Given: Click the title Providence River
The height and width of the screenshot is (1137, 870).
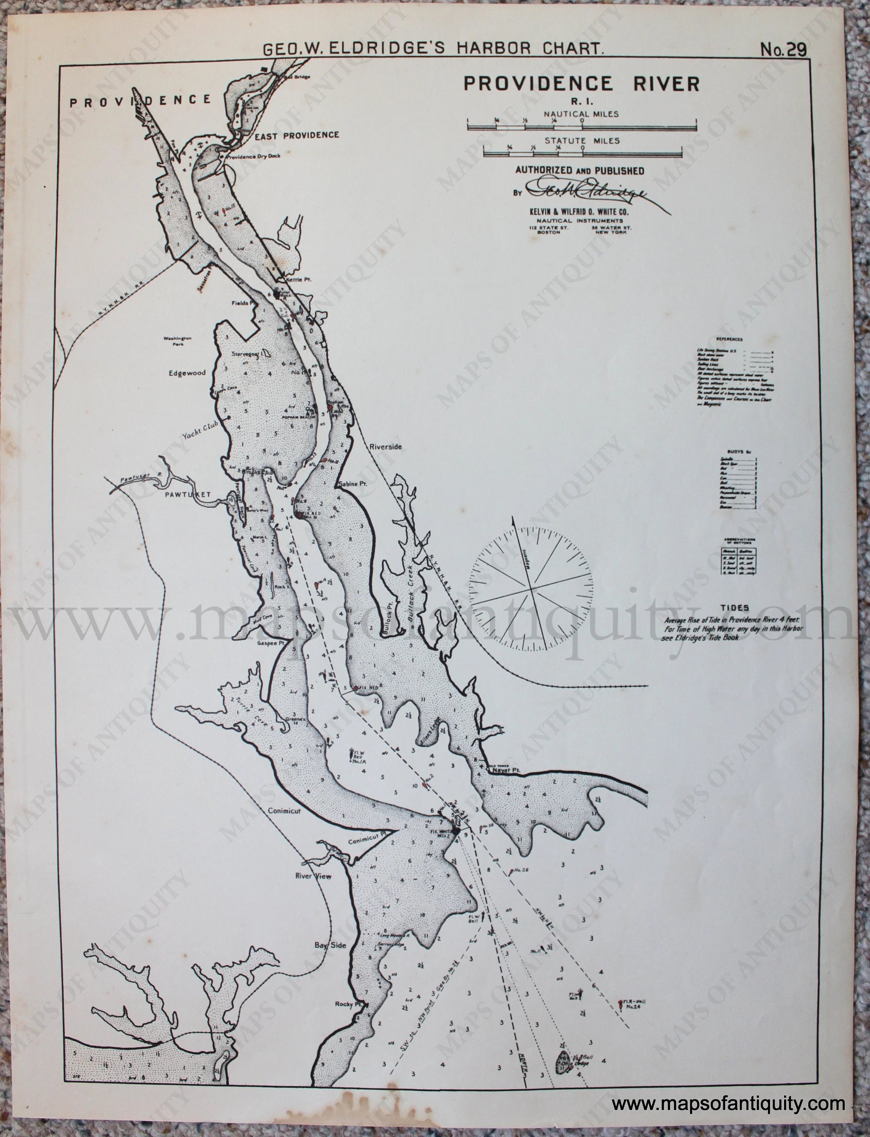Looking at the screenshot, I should (x=581, y=83).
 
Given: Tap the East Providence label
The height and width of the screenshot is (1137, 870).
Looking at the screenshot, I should (x=297, y=136).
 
